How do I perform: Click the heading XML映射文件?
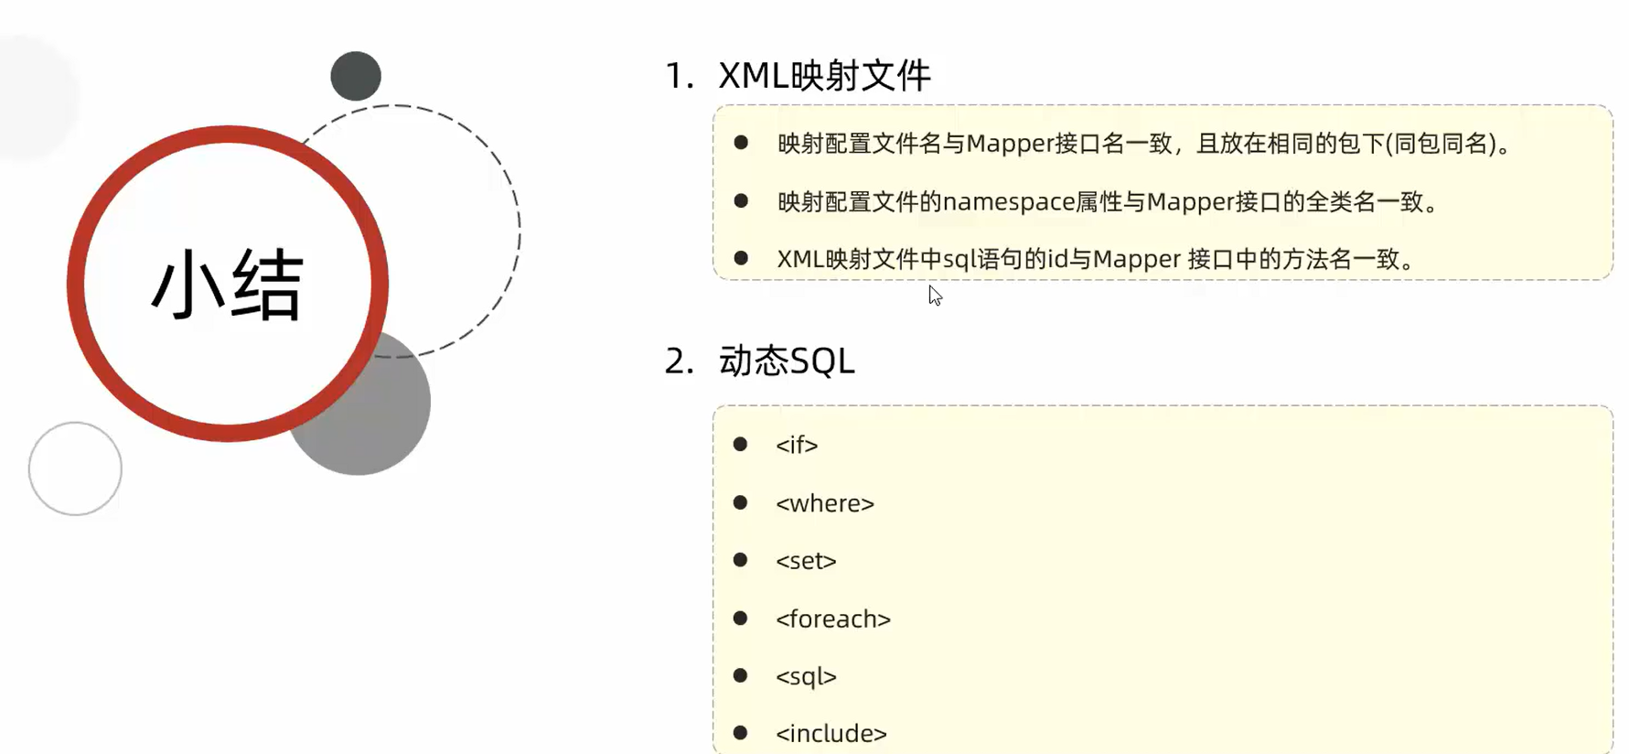coord(824,76)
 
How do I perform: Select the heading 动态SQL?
coord(787,361)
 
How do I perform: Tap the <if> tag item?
coord(797,445)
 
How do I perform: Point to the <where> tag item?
coord(825,503)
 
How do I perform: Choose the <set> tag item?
coord(806,561)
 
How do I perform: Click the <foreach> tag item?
coord(833,619)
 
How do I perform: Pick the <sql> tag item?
coord(806,677)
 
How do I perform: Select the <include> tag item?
coord(831,734)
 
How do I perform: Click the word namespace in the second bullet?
coord(1008,201)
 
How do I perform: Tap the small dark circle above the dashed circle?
coord(356,76)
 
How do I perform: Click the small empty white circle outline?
coord(75,469)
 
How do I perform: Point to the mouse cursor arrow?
coord(934,295)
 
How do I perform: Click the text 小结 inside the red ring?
coord(227,285)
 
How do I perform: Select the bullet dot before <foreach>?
coord(741,619)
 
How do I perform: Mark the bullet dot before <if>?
coord(741,445)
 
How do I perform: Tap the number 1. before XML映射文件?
coord(679,76)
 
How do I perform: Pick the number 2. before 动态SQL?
coord(679,361)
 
